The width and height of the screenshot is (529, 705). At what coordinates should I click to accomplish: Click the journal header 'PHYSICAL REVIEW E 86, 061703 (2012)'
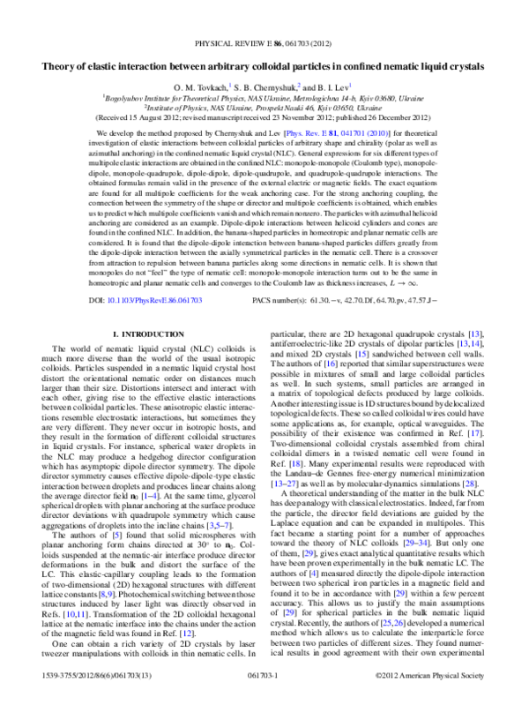264,41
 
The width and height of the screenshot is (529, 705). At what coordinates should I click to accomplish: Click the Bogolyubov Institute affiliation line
264,100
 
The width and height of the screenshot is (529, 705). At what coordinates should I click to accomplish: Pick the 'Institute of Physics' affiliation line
264,109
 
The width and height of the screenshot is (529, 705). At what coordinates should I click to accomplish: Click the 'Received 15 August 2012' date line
264,119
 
